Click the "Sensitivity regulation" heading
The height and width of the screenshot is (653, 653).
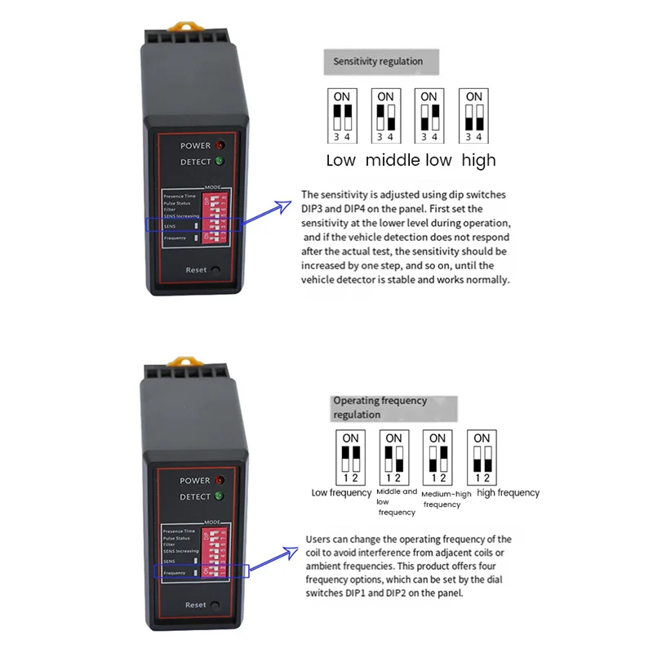(378, 61)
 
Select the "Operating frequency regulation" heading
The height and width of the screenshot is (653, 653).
(380, 407)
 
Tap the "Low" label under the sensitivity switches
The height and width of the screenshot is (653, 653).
(340, 160)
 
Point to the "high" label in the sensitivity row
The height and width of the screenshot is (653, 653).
(478, 160)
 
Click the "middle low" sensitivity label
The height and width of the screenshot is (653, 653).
(408, 160)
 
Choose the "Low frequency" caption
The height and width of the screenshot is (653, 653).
(341, 493)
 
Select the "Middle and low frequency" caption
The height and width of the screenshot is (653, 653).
(397, 501)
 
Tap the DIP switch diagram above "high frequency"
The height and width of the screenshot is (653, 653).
(482, 458)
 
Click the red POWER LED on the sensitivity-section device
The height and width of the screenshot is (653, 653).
(220, 145)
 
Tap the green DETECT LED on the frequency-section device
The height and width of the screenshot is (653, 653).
(219, 497)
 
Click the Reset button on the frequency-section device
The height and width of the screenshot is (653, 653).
(215, 605)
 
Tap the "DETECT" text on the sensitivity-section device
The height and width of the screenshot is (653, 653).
(195, 162)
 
